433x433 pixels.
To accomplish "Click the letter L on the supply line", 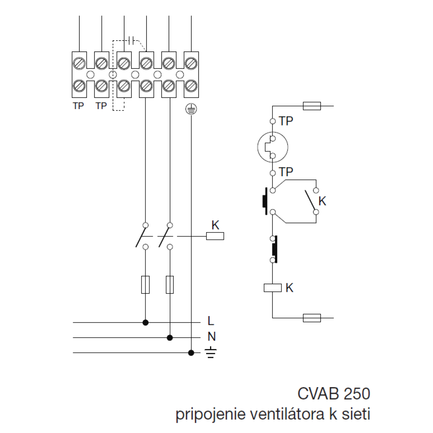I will tap(210, 321).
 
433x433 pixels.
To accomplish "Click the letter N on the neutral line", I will tap(211, 337).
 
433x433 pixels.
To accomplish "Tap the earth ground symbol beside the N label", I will tap(210, 353).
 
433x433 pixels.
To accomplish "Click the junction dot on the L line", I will tap(146, 323).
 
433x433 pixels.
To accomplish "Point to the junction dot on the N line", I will tap(170, 337).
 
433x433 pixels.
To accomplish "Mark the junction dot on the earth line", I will tap(191, 353).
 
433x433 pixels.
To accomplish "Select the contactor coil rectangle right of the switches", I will tap(215, 236).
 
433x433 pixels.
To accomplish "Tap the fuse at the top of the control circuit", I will tap(312, 106).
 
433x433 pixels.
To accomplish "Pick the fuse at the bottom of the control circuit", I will tap(312, 318).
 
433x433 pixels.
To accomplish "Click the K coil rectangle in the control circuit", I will tap(273, 288).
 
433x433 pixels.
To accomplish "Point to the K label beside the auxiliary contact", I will tap(322, 201).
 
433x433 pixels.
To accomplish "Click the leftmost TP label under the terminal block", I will tap(78, 106).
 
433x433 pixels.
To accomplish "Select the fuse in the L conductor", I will tap(146, 284).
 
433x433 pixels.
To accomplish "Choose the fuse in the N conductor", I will tap(170, 284).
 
